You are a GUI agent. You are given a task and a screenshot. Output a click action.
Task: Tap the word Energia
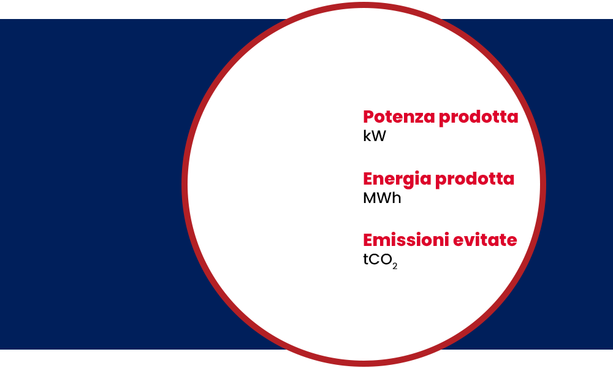point(397,180)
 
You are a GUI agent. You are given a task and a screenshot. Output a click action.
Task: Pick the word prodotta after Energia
point(474,180)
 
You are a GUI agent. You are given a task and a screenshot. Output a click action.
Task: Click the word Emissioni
point(406,240)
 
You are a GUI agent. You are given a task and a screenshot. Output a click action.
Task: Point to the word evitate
point(485,240)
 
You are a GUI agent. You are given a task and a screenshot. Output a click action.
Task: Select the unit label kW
point(375,136)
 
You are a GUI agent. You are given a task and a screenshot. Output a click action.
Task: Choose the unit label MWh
point(382,198)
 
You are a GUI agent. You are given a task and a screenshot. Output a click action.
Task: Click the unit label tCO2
point(380,261)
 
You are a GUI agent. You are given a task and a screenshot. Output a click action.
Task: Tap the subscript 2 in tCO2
point(395,266)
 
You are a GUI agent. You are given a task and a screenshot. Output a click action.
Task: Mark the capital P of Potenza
point(369,117)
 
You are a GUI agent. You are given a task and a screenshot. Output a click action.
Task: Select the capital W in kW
point(379,136)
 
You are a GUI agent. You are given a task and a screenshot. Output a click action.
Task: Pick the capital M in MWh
point(370,198)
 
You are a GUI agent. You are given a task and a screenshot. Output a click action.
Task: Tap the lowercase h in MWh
point(397,198)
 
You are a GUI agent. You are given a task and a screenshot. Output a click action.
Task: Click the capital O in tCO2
point(386,259)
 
